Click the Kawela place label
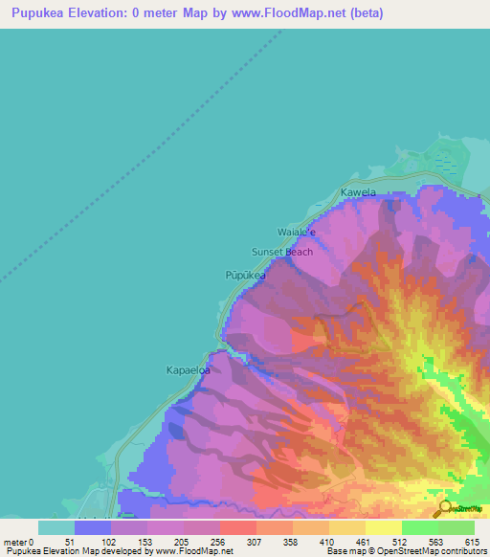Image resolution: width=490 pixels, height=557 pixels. click(358, 192)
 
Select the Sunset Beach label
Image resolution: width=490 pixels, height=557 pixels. click(281, 252)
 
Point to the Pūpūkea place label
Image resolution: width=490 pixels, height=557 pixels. click(245, 274)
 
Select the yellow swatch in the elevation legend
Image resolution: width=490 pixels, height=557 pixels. click(383, 527)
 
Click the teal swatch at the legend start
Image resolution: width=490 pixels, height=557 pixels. click(56, 527)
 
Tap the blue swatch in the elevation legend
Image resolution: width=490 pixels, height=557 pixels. click(93, 527)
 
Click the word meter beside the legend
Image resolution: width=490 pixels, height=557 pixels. click(15, 542)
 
